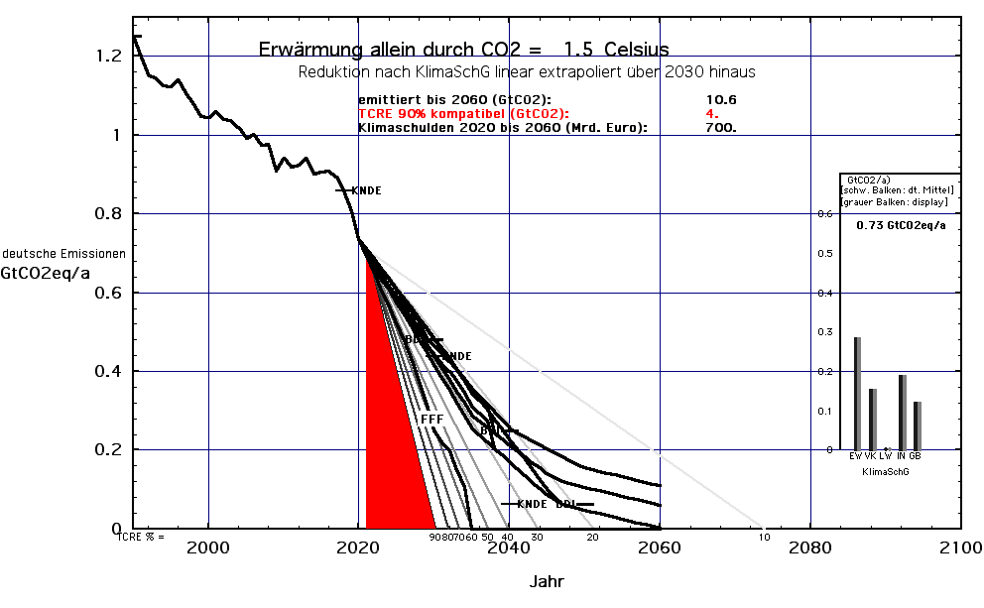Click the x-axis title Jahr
click(x=546, y=581)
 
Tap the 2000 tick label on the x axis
click(x=208, y=547)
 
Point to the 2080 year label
click(x=809, y=547)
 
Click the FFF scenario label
click(x=431, y=420)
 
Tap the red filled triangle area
click(x=392, y=446)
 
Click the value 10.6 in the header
click(x=720, y=100)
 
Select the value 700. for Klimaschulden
click(x=721, y=127)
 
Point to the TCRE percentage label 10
click(x=764, y=537)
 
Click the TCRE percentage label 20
click(x=592, y=537)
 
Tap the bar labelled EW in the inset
click(x=857, y=394)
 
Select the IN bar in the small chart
click(x=902, y=413)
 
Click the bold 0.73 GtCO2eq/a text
click(x=901, y=225)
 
